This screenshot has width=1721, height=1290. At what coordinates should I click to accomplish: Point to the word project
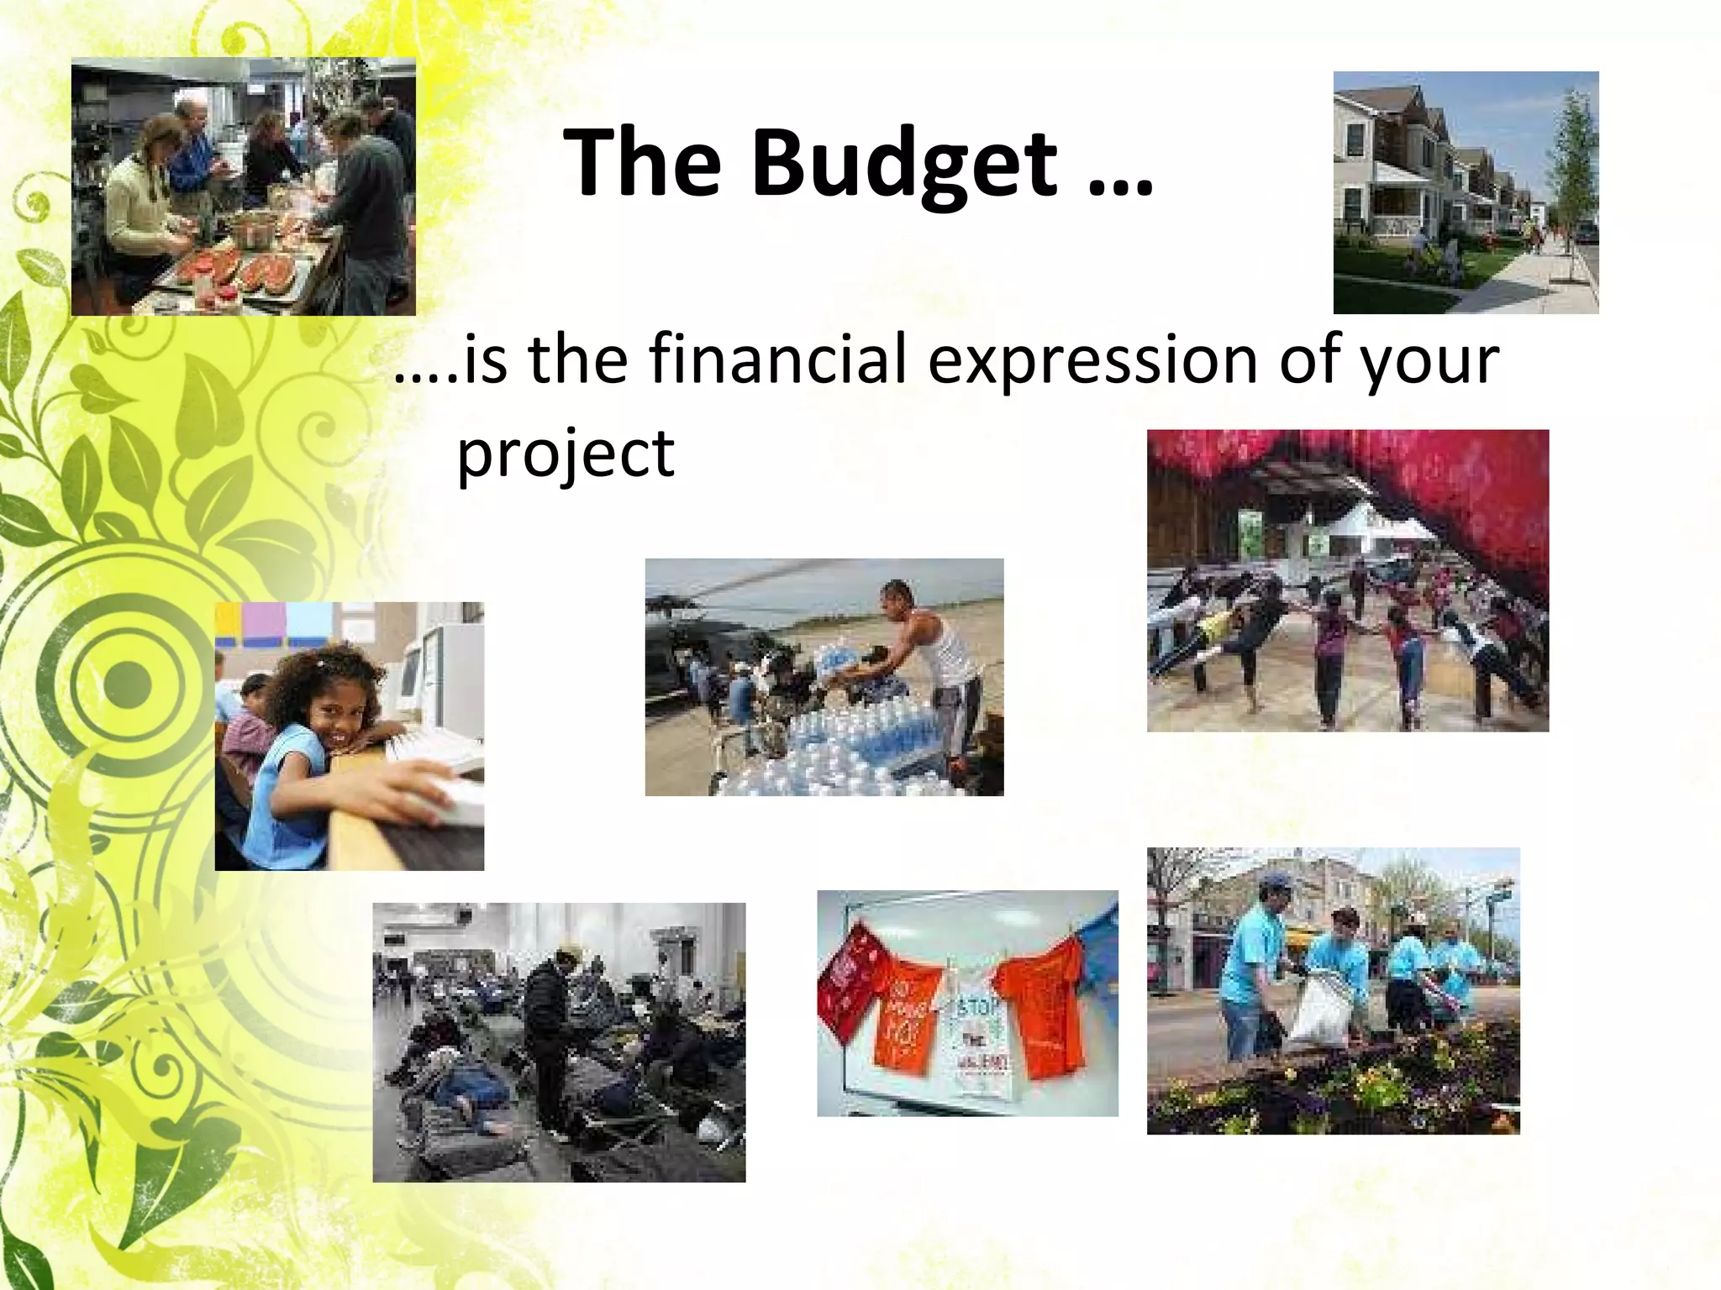pyautogui.click(x=565, y=454)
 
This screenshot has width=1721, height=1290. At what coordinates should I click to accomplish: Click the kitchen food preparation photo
pyautogui.click(x=243, y=186)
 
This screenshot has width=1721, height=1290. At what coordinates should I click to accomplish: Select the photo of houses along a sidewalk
pyautogui.click(x=1466, y=192)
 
